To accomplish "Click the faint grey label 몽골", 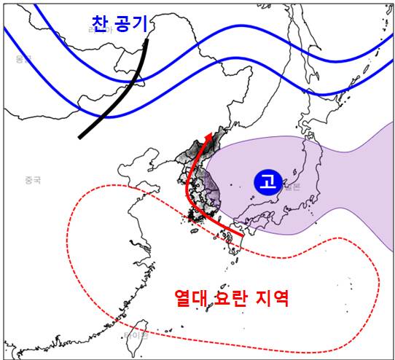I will [23, 58].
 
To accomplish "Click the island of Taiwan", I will [144, 328].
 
